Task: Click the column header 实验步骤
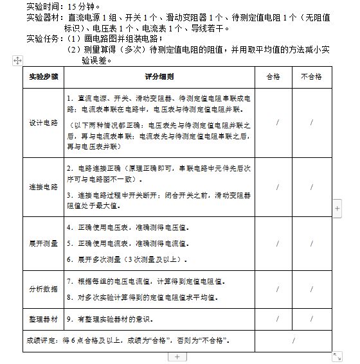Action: (43, 76)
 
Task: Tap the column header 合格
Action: (276, 76)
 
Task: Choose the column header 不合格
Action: (311, 76)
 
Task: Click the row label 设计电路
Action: (43, 122)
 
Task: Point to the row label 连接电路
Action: (43, 187)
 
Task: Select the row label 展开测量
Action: (43, 244)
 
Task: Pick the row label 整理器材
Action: (43, 318)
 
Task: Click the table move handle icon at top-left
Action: (17, 60)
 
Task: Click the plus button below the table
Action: (177, 356)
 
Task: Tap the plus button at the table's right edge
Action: (338, 209)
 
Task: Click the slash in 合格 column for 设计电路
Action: (278, 122)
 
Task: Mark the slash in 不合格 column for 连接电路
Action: (312, 187)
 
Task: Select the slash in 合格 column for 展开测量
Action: (278, 244)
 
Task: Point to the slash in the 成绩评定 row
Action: (293, 340)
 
